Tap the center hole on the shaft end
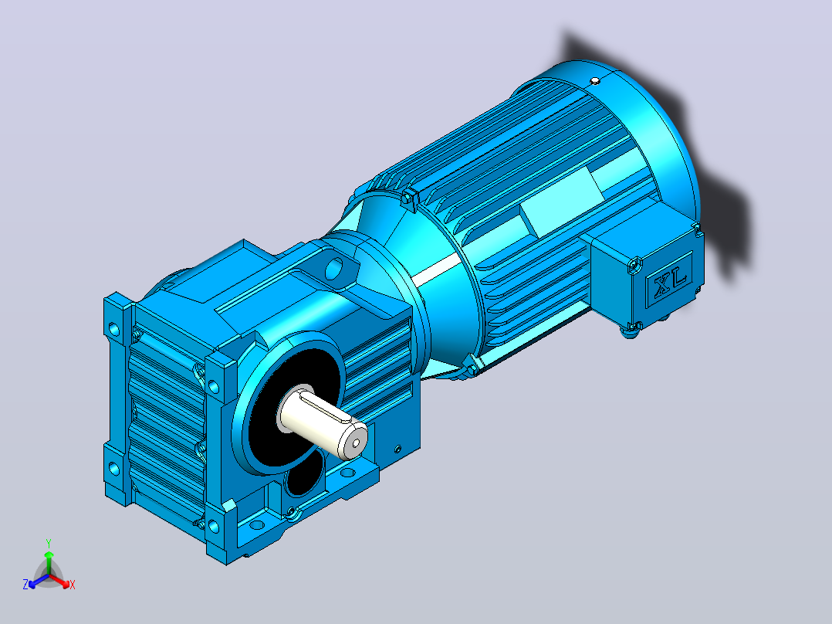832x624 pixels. (x=356, y=443)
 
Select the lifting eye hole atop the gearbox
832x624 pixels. (x=333, y=269)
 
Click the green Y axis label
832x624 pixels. (x=49, y=543)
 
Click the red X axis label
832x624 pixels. (x=73, y=585)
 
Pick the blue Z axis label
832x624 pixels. (x=25, y=584)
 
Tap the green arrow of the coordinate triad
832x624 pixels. (x=49, y=561)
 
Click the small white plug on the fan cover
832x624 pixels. (x=595, y=81)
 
